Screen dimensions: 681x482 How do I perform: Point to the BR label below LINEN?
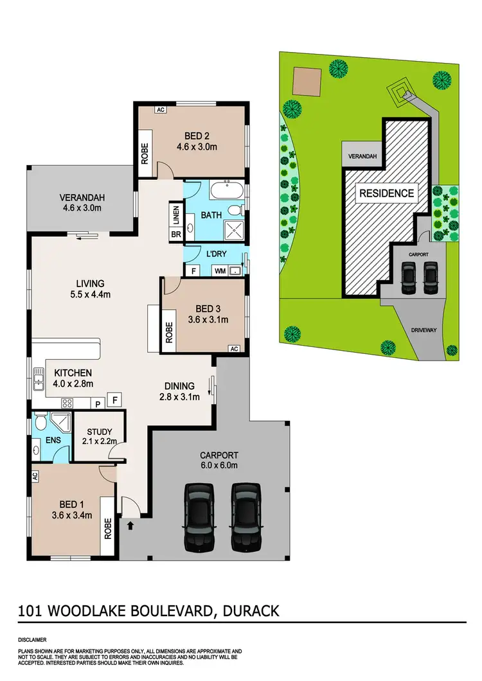tap(175, 234)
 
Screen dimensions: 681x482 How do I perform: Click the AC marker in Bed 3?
tap(235, 349)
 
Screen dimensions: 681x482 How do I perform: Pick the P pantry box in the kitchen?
tap(98, 404)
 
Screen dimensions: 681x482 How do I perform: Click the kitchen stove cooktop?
tap(67, 403)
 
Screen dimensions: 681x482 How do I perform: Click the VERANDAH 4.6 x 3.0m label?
tap(82, 202)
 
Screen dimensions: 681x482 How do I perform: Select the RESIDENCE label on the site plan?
tap(386, 193)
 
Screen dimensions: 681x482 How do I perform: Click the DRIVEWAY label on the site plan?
tap(424, 330)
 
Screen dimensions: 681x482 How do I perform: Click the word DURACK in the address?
tap(250, 610)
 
